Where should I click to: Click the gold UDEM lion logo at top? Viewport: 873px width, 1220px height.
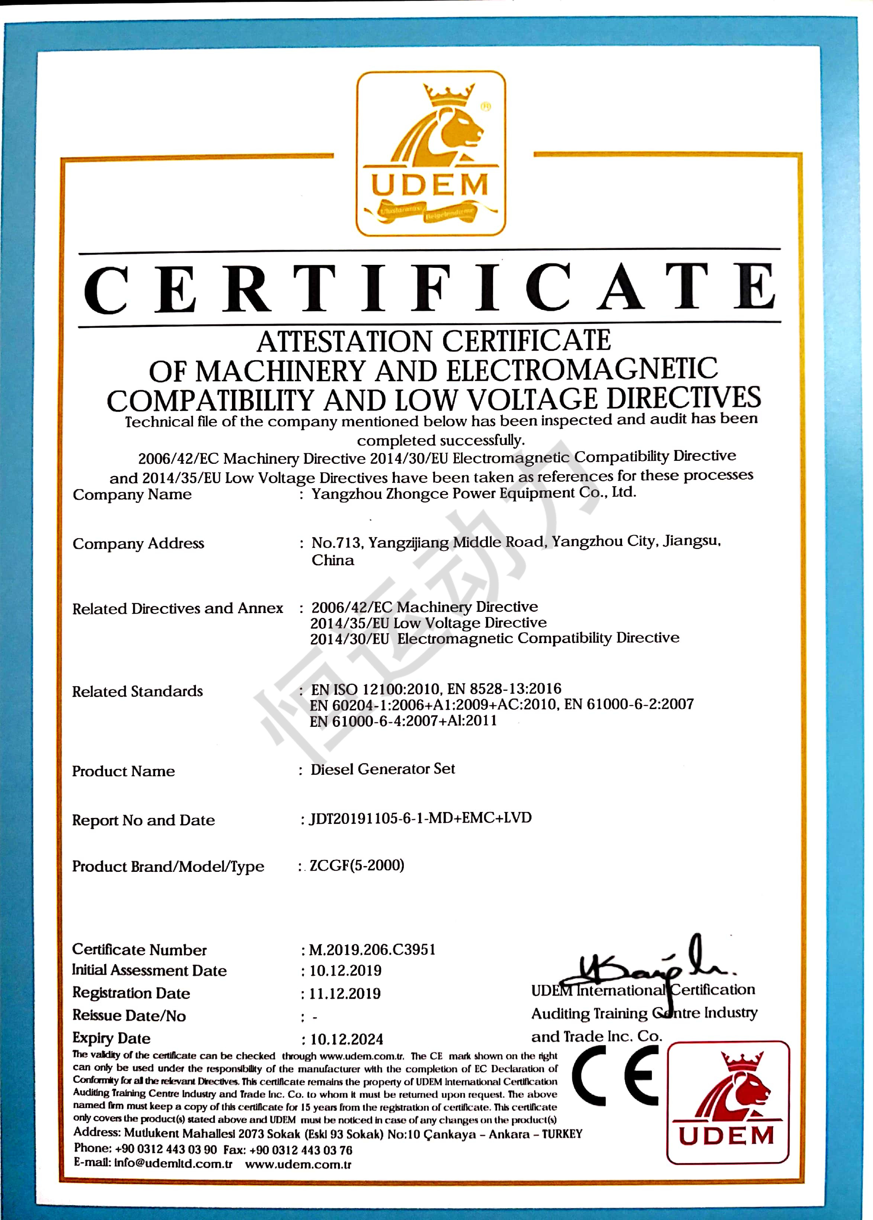point(431,153)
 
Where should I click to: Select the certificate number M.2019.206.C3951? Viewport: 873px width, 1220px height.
point(372,950)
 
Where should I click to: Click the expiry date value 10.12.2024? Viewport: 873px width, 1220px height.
point(346,1039)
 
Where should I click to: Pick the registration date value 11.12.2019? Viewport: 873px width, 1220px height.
point(345,993)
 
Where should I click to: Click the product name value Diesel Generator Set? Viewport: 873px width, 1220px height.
point(382,769)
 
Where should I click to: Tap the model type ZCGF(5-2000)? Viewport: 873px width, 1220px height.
point(357,865)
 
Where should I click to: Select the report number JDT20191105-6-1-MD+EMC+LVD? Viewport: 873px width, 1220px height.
point(421,818)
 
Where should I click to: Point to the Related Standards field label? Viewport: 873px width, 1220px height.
point(138,691)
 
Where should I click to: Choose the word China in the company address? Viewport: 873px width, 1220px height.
point(333,560)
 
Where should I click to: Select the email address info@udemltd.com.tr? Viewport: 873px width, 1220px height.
point(173,1164)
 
